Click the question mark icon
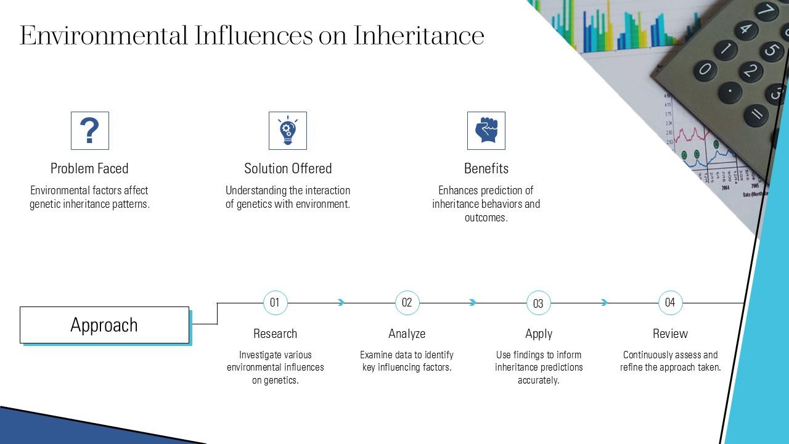tap(90, 130)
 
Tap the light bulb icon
tap(288, 130)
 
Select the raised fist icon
tap(486, 130)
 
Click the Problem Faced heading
tap(89, 168)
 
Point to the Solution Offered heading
tap(288, 168)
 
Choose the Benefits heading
tap(486, 168)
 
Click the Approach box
tap(104, 325)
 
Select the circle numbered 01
tap(275, 303)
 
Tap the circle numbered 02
tap(407, 303)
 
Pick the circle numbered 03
tap(539, 303)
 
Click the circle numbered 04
tap(670, 303)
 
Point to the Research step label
tap(275, 334)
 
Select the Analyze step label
tap(407, 334)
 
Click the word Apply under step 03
tap(539, 334)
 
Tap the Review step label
tap(670, 334)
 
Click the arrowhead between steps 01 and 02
tap(341, 302)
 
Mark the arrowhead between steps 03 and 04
tap(605, 302)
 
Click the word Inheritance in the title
tap(419, 36)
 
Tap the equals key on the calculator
tap(756, 115)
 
